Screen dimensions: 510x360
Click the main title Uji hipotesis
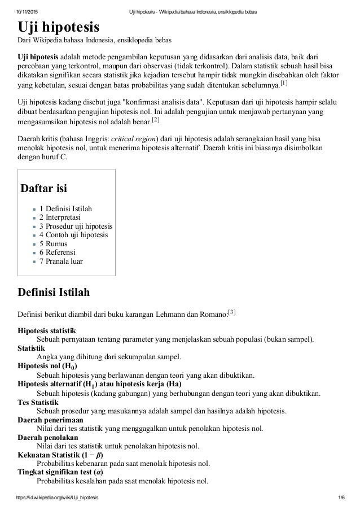58,27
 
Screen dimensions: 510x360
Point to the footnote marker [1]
284,84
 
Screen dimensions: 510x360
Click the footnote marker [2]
156,120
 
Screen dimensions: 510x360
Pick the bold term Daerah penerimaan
50,420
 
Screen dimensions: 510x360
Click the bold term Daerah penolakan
47,437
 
